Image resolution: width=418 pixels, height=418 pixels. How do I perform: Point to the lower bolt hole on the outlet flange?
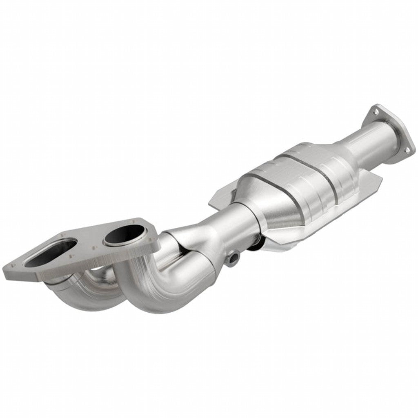pyautogui.click(x=407, y=151)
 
